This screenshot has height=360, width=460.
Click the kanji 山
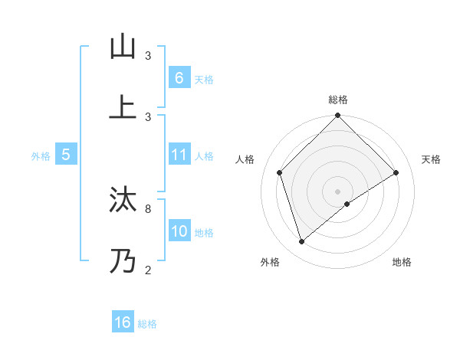pyautogui.click(x=122, y=47)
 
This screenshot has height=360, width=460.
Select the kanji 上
pyautogui.click(x=122, y=107)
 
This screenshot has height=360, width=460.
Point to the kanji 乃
pyautogui.click(x=122, y=261)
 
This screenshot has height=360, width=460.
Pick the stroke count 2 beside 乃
pyautogui.click(x=148, y=270)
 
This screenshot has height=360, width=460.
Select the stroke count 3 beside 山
pyautogui.click(x=148, y=56)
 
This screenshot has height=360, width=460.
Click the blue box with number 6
pyautogui.click(x=179, y=78)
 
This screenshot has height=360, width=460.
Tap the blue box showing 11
pyautogui.click(x=179, y=155)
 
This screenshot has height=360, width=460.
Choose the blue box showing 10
pyautogui.click(x=179, y=231)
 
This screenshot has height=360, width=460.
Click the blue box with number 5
pyautogui.click(x=66, y=155)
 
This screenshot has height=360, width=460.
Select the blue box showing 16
pyautogui.click(x=123, y=322)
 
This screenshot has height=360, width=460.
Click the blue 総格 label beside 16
pyautogui.click(x=147, y=324)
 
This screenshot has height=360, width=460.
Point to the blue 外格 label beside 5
pyautogui.click(x=41, y=156)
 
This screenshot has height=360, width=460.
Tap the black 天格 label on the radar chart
pyautogui.click(x=431, y=159)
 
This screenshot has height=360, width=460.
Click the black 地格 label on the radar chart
pyautogui.click(x=402, y=263)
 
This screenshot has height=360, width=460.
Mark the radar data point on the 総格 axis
pyautogui.click(x=337, y=116)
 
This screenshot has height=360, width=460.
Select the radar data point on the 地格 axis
pyautogui.click(x=347, y=204)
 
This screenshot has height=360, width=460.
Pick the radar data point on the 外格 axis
pyautogui.click(x=302, y=242)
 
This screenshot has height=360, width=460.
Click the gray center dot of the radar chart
pyautogui.click(x=337, y=191)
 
